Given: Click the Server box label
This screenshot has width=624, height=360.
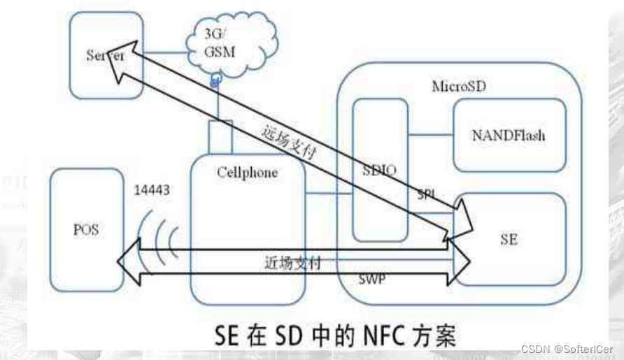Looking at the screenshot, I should point(106,56).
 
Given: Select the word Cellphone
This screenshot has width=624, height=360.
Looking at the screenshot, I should point(247,173).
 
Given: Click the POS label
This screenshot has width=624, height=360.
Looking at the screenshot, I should point(87,230).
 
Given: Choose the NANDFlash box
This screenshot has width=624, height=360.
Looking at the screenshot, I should point(509,134).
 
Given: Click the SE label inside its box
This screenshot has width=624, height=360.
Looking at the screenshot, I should point(509,238).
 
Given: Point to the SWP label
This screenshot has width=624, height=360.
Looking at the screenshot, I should point(370,278).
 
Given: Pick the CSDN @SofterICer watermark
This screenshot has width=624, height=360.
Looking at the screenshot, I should point(566,347).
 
